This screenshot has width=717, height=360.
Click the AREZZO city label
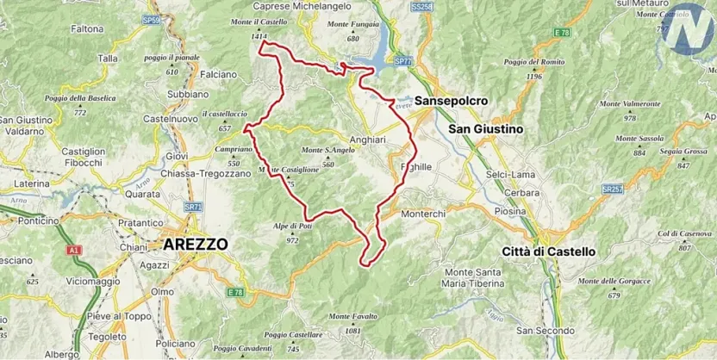(195, 244)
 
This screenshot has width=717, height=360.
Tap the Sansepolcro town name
(452, 101)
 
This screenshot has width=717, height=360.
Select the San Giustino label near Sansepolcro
(486, 128)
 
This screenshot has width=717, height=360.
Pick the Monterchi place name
(422, 214)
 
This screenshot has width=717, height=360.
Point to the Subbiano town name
(187, 93)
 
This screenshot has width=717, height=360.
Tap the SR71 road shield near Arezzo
(194, 207)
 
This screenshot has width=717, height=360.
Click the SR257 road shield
(613, 188)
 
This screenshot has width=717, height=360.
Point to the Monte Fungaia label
(352, 28)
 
